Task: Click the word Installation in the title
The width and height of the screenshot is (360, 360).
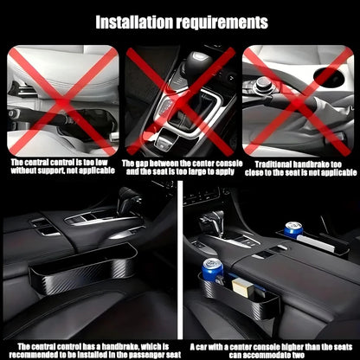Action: [x=134, y=22]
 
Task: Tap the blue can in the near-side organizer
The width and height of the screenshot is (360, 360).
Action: [x=213, y=270]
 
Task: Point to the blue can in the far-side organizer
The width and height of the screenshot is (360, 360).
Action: [x=293, y=229]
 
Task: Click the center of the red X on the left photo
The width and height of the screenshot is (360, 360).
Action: [x=62, y=102]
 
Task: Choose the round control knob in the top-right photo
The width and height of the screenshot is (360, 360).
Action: [x=263, y=83]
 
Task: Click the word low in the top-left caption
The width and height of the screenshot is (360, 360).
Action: [x=101, y=162]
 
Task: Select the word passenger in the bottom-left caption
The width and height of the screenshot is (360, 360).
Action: [x=146, y=355]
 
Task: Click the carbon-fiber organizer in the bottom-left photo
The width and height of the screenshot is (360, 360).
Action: [x=83, y=268]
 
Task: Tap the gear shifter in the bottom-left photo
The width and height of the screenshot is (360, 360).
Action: [x=131, y=201]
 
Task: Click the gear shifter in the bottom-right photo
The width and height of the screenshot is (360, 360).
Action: [x=213, y=222]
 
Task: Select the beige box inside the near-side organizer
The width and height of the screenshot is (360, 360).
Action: [x=243, y=286]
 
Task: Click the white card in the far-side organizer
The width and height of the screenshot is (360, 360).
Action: [x=315, y=244]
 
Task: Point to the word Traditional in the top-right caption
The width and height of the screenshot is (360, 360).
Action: [x=273, y=164]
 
